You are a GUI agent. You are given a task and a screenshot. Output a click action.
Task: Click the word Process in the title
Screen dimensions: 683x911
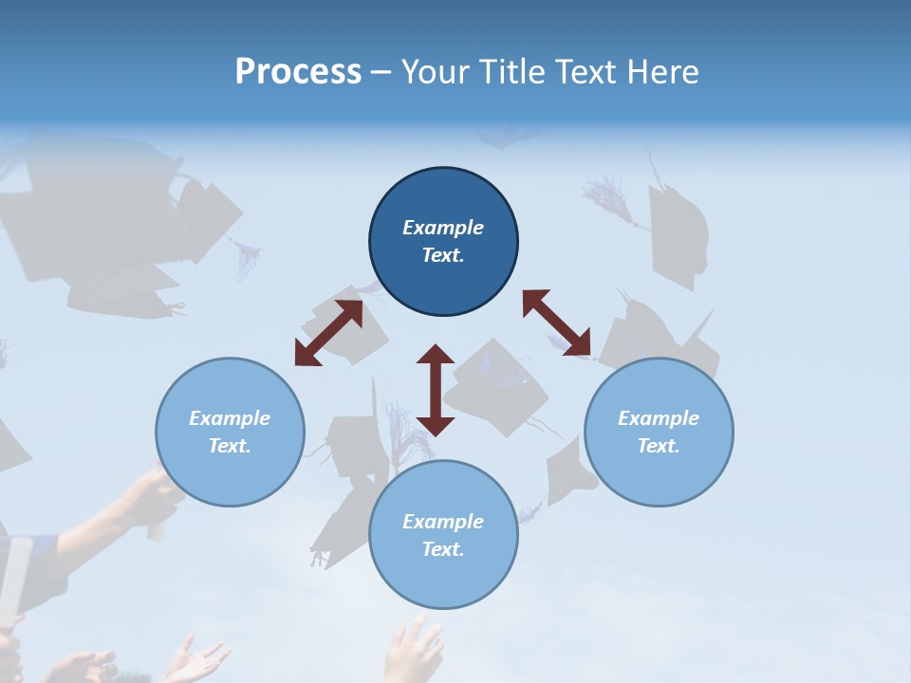(298, 72)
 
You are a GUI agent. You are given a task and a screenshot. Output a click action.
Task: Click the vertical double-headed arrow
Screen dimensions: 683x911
(436, 390)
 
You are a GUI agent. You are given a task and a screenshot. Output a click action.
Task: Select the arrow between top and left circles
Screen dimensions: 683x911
(328, 333)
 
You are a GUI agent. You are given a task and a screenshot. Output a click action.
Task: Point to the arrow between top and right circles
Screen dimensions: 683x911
(556, 323)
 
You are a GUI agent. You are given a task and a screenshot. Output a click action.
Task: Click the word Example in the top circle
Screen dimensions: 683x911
(443, 228)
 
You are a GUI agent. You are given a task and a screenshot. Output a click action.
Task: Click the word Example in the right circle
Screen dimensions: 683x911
(659, 418)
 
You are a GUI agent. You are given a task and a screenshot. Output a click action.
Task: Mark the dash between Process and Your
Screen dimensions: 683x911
(381, 72)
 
